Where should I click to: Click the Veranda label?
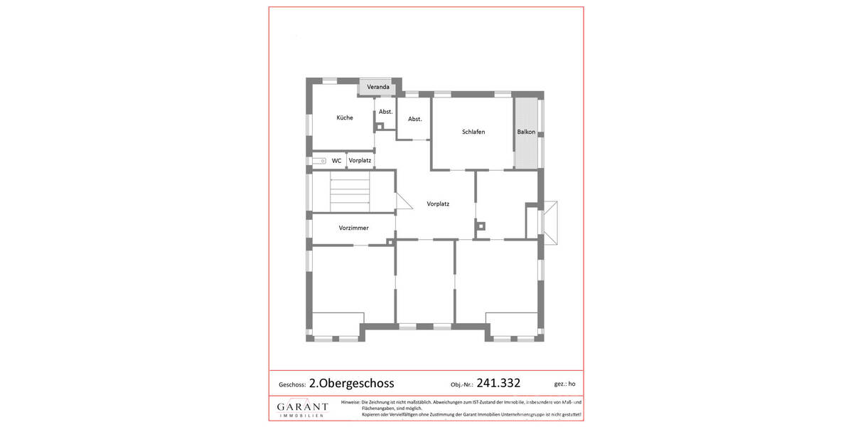pyautogui.click(x=377, y=87)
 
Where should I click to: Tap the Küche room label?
pyautogui.click(x=344, y=117)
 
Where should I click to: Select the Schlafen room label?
pyautogui.click(x=473, y=132)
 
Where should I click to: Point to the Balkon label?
pyautogui.click(x=526, y=132)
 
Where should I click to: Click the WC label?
pyautogui.click(x=336, y=161)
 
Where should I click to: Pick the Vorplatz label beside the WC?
pyautogui.click(x=360, y=161)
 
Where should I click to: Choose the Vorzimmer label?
pyautogui.click(x=343, y=228)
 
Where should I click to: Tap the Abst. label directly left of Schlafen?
pyautogui.click(x=414, y=119)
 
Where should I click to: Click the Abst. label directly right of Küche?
pyautogui.click(x=385, y=112)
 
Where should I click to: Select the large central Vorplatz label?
pyautogui.click(x=438, y=204)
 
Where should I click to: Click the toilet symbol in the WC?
pyautogui.click(x=319, y=162)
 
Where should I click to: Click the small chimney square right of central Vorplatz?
pyautogui.click(x=481, y=227)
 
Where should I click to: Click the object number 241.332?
pyautogui.click(x=498, y=383)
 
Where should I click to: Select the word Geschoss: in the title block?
pyautogui.click(x=292, y=384)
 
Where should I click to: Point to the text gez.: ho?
pyautogui.click(x=564, y=384)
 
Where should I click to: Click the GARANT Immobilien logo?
pyautogui.click(x=302, y=408)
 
